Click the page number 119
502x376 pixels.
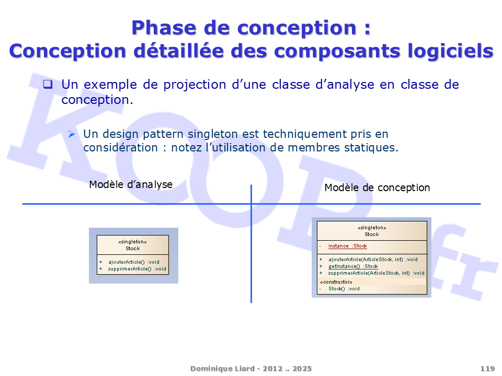(x=487, y=369)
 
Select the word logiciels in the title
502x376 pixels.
(x=450, y=51)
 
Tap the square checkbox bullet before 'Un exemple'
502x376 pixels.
(x=48, y=84)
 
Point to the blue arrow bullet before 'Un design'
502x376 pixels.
(x=72, y=134)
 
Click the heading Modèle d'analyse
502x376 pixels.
(x=131, y=184)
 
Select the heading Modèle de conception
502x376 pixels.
(x=377, y=187)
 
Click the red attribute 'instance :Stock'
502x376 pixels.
(x=347, y=246)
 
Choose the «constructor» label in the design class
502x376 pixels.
(x=336, y=281)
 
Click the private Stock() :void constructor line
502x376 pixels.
(x=344, y=289)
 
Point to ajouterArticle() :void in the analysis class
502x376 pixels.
(x=134, y=262)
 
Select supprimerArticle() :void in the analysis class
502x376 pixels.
(x=137, y=269)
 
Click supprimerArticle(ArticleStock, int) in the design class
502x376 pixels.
(x=369, y=273)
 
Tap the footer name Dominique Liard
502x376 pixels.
(x=223, y=369)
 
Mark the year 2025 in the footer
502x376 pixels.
(x=302, y=369)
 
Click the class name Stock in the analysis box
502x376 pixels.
(x=132, y=249)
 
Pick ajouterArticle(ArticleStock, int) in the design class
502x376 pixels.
(x=366, y=260)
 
